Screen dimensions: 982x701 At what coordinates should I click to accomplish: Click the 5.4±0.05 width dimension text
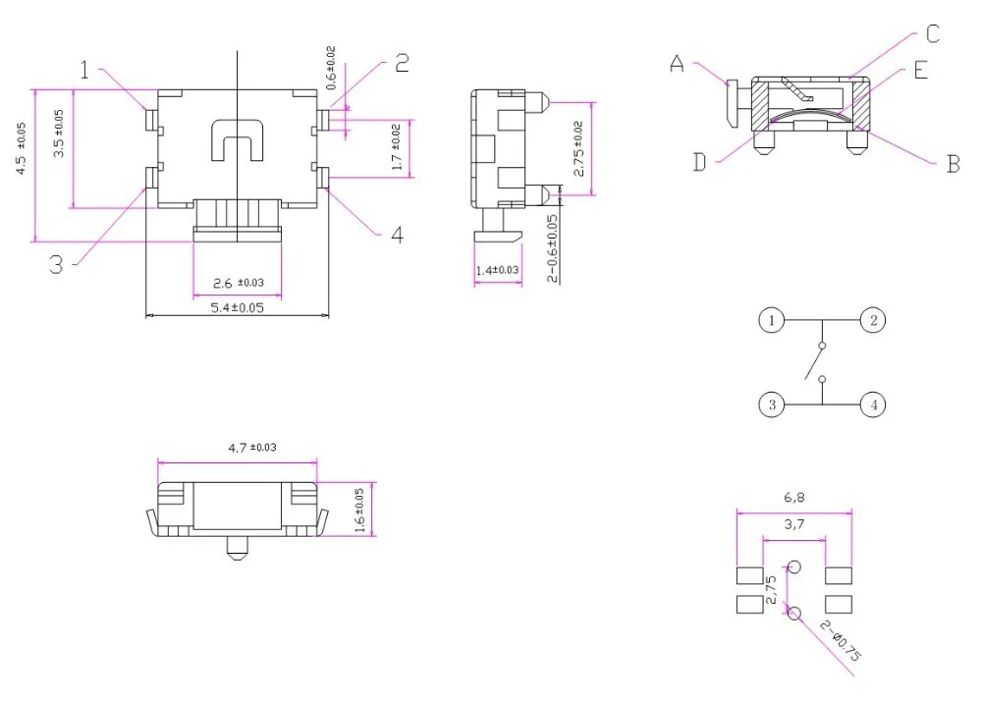click(237, 307)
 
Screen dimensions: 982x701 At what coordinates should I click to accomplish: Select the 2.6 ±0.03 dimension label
click(239, 283)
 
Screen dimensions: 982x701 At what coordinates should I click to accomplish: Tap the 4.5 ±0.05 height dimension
click(21, 148)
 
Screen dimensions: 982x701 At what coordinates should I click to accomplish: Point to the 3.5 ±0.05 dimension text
click(58, 134)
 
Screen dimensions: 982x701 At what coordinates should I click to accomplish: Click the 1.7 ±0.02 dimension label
click(396, 147)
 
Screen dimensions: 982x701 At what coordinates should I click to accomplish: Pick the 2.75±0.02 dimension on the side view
click(578, 148)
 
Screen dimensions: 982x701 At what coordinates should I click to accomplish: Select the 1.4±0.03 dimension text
click(497, 270)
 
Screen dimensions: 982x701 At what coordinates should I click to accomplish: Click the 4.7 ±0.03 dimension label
click(252, 448)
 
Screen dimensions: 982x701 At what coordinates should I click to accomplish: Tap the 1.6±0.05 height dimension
click(359, 511)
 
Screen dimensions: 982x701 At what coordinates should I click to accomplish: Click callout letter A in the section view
click(677, 63)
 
